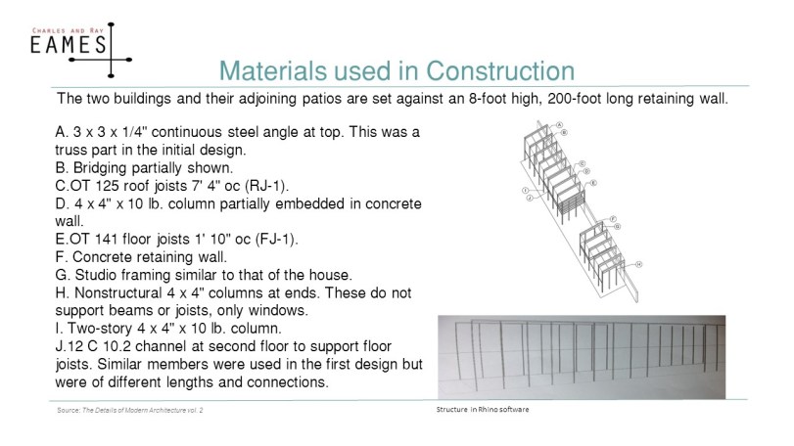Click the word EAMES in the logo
pos(68,46)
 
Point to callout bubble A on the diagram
pos(558,125)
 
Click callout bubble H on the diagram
pos(638,264)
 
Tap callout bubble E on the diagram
pos(593,183)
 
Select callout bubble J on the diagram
pos(529,197)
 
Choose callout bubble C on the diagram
pos(583,163)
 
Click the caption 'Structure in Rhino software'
pos(483,409)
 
